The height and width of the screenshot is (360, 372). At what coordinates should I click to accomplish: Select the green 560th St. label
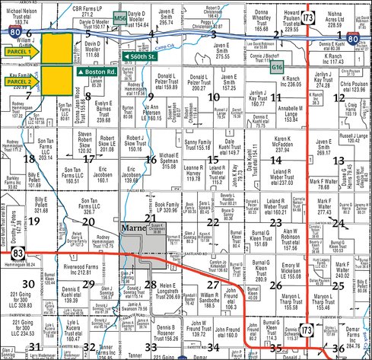(x=146, y=56)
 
